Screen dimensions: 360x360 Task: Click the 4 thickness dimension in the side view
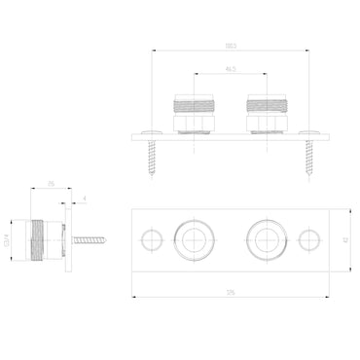[x=86, y=200]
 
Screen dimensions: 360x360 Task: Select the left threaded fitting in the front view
[x=192, y=112]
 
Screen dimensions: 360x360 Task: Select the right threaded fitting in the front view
[x=268, y=112]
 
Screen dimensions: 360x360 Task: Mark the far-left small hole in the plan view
[x=150, y=237]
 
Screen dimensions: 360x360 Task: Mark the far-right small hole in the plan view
[x=309, y=237]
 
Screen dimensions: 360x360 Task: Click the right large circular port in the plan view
[x=268, y=237]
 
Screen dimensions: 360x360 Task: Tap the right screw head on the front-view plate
[x=311, y=130]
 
